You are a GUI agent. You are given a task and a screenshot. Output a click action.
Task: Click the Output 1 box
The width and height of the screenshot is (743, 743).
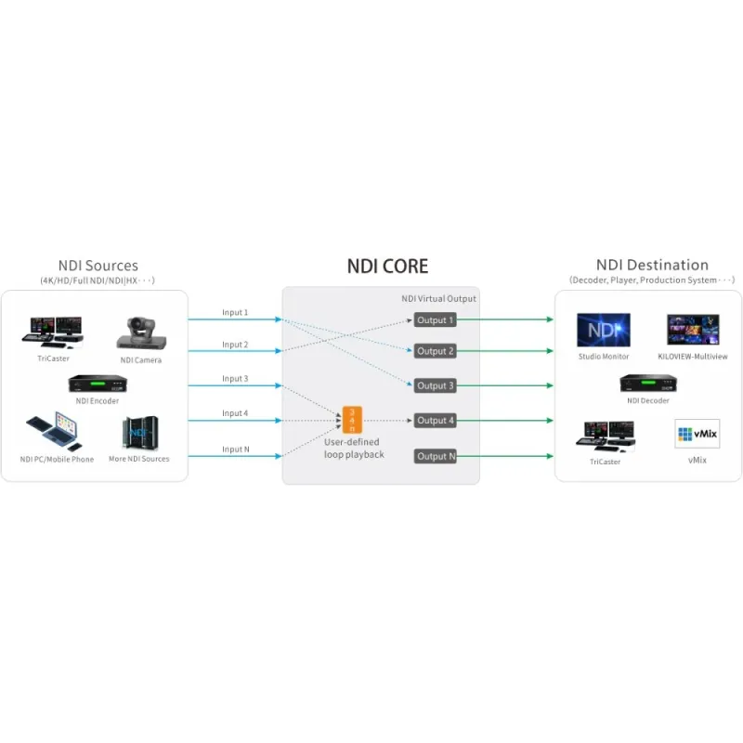click(x=436, y=320)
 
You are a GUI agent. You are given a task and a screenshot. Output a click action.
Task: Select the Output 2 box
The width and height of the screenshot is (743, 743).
click(x=436, y=351)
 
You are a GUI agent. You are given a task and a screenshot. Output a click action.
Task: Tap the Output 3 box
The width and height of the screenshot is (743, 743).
click(x=436, y=385)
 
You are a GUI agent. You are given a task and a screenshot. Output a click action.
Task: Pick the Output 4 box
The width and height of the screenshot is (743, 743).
click(x=436, y=421)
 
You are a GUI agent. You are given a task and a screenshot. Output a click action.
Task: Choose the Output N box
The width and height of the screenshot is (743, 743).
click(x=436, y=456)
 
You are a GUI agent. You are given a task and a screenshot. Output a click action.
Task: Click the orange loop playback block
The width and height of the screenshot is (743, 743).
click(x=351, y=421)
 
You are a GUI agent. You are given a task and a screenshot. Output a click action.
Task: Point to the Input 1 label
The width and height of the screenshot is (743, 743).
click(x=235, y=313)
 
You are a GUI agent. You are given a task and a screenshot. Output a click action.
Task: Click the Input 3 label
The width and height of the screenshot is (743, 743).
click(x=235, y=379)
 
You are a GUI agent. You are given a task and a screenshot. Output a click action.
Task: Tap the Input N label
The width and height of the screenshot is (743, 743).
click(x=235, y=450)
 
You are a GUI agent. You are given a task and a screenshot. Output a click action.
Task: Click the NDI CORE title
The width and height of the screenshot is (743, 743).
click(x=387, y=267)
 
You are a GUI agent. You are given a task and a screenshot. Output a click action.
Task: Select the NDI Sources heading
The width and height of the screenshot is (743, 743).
click(x=97, y=266)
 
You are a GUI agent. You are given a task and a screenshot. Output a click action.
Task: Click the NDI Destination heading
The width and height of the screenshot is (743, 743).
click(x=652, y=266)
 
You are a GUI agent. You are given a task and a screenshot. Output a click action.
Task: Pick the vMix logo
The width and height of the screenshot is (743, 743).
click(x=697, y=434)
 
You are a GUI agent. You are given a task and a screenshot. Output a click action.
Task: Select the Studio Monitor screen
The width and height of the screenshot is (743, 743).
click(x=604, y=330)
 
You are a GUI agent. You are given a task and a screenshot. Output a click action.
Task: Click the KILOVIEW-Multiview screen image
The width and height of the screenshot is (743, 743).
click(x=693, y=330)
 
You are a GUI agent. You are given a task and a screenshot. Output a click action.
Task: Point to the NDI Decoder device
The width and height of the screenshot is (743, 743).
click(x=647, y=383)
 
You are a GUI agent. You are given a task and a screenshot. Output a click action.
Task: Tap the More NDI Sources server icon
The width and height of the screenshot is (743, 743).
click(x=138, y=434)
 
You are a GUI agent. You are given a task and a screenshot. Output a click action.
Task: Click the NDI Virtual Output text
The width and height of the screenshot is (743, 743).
click(x=438, y=298)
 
